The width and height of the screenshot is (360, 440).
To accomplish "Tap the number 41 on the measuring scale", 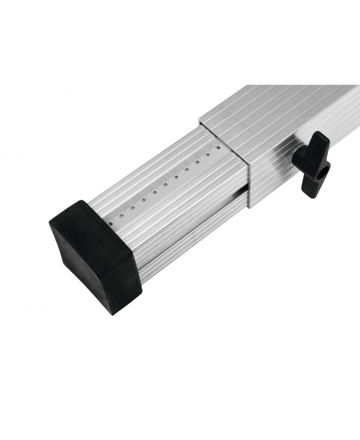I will pos(122,215).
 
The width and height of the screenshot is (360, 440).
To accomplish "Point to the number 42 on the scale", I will pos(133,207).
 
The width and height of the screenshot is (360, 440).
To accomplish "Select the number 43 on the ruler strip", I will pos(144,199).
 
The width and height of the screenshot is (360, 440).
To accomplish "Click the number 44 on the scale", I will pos(155,192).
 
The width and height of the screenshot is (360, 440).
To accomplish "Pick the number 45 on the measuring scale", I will pos(166,185).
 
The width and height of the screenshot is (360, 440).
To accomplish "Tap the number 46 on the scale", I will pos(177,177).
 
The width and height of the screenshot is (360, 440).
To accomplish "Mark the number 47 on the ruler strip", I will pos(187,170).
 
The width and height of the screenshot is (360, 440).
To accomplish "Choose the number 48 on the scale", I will pos(198,162).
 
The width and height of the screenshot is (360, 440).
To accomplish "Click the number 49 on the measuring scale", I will pos(208,155).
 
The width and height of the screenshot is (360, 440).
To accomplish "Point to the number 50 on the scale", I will pos(219,147).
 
